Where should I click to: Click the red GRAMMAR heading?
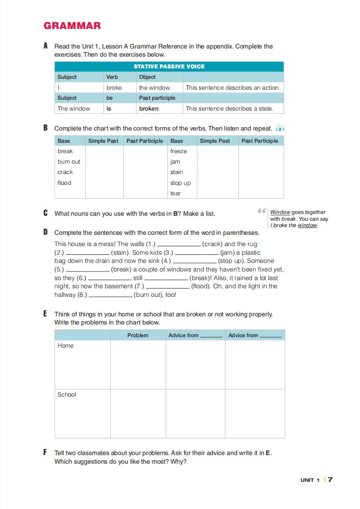[72, 26]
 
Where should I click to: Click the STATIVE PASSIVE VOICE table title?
[169, 67]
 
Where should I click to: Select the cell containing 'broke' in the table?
[114, 87]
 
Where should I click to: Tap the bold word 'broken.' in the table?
[149, 108]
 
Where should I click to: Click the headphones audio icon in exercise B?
[280, 128]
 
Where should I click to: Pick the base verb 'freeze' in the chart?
[178, 151]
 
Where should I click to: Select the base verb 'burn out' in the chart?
[68, 161]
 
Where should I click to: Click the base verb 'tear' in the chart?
[175, 193]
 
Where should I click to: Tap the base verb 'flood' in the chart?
[64, 183]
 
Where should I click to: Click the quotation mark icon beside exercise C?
[261, 211]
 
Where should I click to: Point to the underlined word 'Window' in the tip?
[280, 212]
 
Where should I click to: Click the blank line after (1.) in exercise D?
[179, 244]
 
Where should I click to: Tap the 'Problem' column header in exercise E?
[138, 335]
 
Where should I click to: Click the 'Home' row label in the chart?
[65, 345]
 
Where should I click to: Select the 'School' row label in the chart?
[67, 394]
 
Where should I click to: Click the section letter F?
[45, 452]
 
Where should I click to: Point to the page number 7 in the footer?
[330, 480]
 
